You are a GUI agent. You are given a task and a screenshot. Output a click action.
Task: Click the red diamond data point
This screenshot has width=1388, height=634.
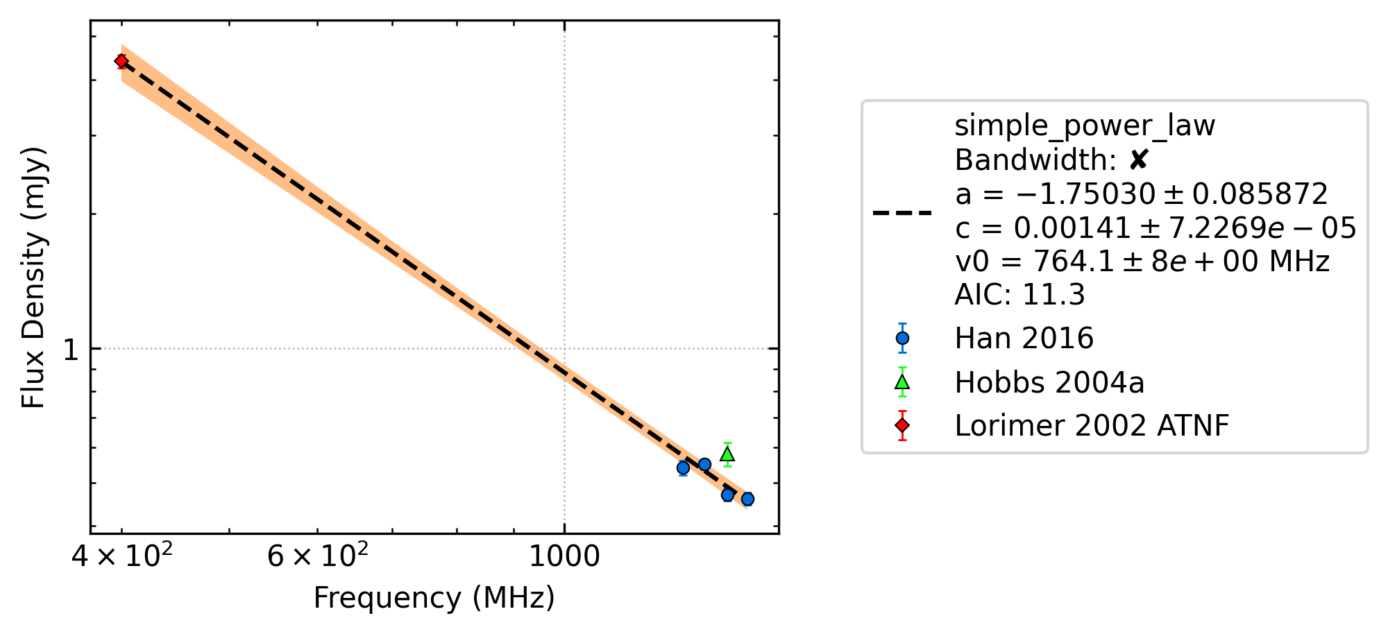[121, 61]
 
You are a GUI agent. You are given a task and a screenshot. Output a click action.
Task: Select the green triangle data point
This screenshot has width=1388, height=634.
[727, 454]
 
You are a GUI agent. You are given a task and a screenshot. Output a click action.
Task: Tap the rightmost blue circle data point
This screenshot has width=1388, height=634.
[747, 499]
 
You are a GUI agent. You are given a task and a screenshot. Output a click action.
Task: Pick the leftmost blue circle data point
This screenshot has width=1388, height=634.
[683, 468]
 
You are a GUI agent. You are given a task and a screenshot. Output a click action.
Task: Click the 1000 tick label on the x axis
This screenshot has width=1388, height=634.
[564, 557]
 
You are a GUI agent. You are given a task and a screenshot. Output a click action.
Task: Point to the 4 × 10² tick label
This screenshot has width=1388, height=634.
[122, 556]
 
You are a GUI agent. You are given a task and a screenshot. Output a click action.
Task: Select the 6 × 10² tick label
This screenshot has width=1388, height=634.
[318, 556]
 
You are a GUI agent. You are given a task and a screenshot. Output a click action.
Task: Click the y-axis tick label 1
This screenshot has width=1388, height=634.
[71, 350]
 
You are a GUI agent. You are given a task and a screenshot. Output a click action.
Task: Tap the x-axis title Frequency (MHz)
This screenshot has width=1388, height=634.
[434, 598]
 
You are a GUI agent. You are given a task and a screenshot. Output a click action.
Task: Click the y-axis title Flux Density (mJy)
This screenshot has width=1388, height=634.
[33, 277]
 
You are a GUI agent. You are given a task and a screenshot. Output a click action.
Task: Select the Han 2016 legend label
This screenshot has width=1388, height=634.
[1024, 339]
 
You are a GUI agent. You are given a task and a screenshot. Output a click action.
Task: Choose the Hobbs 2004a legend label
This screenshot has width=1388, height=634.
[1049, 383]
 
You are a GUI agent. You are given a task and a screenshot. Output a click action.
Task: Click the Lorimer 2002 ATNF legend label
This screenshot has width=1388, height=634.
[1092, 426]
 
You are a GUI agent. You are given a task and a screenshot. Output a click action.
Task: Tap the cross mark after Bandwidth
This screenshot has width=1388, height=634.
[1139, 160]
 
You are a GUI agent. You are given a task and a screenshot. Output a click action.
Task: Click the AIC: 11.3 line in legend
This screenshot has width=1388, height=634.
[1019, 295]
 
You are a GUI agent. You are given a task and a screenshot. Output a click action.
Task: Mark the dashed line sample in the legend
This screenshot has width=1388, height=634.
[902, 212]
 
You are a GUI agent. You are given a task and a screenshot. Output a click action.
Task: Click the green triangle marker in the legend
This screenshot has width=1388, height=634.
[902, 382]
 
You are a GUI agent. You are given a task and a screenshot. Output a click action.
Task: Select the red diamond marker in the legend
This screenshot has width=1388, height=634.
[902, 425]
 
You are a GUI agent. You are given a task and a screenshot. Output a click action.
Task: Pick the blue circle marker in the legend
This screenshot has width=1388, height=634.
[902, 339]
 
